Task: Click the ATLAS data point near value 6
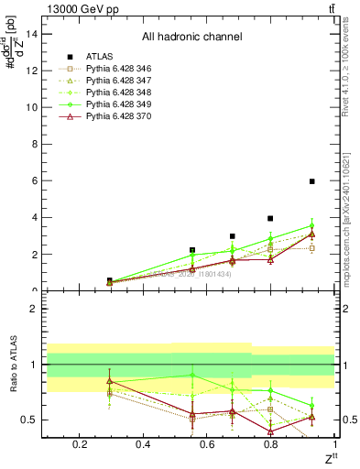pos(312,181)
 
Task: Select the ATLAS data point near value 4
pos(270,218)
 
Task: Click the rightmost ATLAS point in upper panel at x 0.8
pos(270,218)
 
